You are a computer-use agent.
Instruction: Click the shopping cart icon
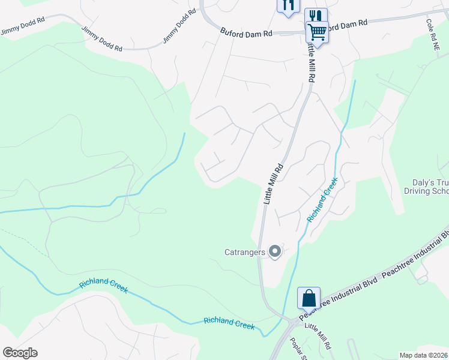pyautogui.click(x=316, y=31)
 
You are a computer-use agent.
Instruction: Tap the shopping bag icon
pyautogui.click(x=309, y=298)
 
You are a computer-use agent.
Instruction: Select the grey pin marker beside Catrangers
pyautogui.click(x=276, y=252)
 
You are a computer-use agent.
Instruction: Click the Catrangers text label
pyautogui.click(x=244, y=253)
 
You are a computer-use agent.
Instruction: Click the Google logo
pyautogui.click(x=20, y=353)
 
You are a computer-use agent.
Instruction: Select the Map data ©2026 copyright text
pyautogui.click(x=423, y=355)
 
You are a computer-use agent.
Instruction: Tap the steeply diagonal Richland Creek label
pyautogui.click(x=322, y=200)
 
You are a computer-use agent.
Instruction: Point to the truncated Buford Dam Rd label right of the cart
pyautogui.click(x=348, y=25)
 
